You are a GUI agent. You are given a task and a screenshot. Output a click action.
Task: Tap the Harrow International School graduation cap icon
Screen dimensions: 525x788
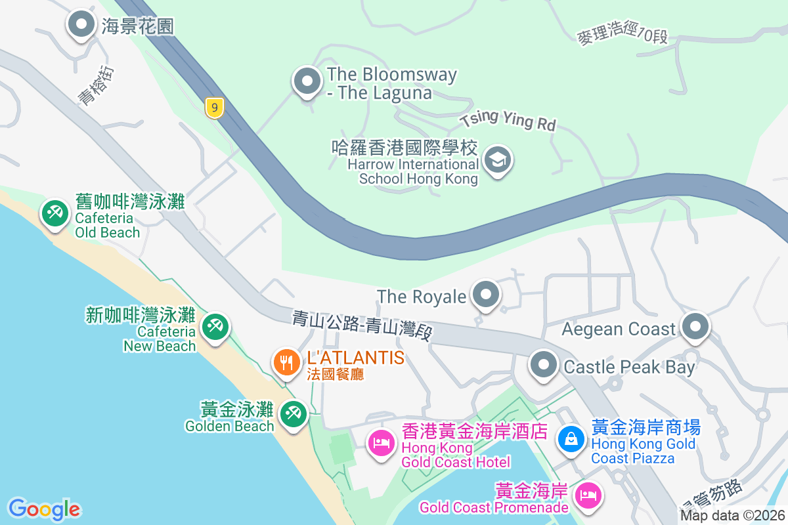coord(498,159)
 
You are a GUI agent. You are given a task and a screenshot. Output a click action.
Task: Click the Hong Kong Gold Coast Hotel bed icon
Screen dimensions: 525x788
coord(382,443)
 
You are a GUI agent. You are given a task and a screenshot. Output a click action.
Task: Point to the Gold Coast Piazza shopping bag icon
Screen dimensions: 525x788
coord(571,438)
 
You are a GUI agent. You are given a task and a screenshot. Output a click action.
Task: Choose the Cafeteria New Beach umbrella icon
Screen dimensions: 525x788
coord(214,325)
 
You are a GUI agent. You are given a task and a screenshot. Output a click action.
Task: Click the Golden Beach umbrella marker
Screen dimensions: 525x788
coord(293,413)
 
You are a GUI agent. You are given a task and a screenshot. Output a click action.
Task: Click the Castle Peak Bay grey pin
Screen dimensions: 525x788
coord(544,365)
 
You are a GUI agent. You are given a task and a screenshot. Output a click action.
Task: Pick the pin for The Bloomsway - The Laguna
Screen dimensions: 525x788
coord(307,81)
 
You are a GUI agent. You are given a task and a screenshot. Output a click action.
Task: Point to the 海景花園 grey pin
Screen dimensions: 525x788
coord(81,24)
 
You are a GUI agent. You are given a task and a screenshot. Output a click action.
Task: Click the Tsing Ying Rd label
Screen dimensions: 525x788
coord(508,120)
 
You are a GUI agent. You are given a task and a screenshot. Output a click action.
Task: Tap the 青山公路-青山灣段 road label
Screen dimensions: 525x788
coord(362,325)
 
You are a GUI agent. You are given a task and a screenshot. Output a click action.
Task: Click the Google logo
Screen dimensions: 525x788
coord(44,509)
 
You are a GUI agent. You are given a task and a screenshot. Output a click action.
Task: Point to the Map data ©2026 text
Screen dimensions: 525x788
coord(733,516)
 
